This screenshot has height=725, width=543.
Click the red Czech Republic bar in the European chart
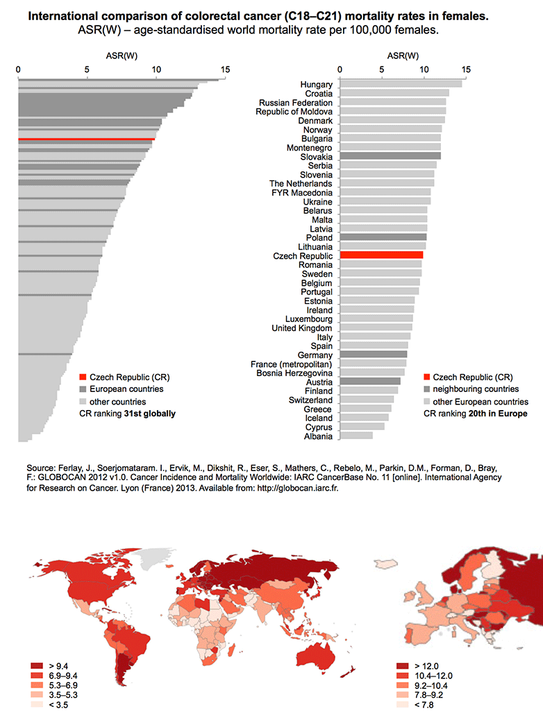pos(381,255)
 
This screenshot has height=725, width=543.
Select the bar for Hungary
pos(401,84)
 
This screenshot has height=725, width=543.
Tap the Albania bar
pos(356,436)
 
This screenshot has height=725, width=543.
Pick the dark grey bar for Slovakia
pos(390,156)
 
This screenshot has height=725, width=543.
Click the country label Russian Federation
pos(296,103)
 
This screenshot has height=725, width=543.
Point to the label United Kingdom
pos(302,328)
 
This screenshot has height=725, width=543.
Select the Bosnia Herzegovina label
pos(294,373)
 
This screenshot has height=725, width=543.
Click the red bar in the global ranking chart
pos(87,139)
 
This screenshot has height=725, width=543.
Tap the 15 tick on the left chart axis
pos(225,69)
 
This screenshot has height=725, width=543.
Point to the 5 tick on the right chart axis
pos(381,69)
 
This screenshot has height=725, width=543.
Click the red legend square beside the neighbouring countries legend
pos(427,377)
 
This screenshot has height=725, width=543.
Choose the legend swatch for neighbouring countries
pos(427,389)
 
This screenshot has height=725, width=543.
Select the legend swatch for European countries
pos(83,389)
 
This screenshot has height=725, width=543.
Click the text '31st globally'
pos(149,413)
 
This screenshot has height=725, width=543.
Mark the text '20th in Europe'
pos(498,413)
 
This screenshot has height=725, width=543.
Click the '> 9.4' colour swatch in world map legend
pos(37,666)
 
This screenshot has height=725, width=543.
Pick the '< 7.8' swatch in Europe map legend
pos(403,705)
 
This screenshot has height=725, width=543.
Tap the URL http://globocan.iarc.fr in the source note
pos(297,488)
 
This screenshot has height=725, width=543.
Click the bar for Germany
pos(374,355)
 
